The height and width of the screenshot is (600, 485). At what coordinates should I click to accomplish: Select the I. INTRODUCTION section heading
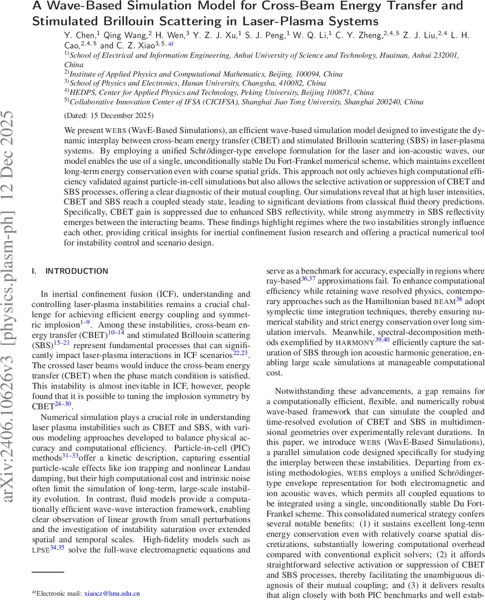(69, 271)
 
